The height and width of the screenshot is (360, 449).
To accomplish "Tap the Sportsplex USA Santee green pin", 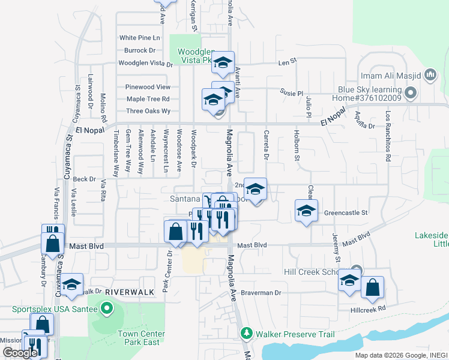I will point(107,310).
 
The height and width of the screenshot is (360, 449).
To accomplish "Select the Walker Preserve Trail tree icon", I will point(246,333).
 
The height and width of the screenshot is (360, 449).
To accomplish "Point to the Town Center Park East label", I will point(139,338).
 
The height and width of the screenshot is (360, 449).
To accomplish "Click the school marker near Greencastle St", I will point(306,211).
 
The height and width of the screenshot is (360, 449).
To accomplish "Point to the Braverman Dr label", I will point(262,293).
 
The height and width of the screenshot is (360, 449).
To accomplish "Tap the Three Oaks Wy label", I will point(148,111).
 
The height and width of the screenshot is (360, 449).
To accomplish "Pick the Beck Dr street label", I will point(84,179).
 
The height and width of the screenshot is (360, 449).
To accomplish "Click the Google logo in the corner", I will point(20,353).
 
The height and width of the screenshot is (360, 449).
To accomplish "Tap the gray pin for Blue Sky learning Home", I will point(411,93).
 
